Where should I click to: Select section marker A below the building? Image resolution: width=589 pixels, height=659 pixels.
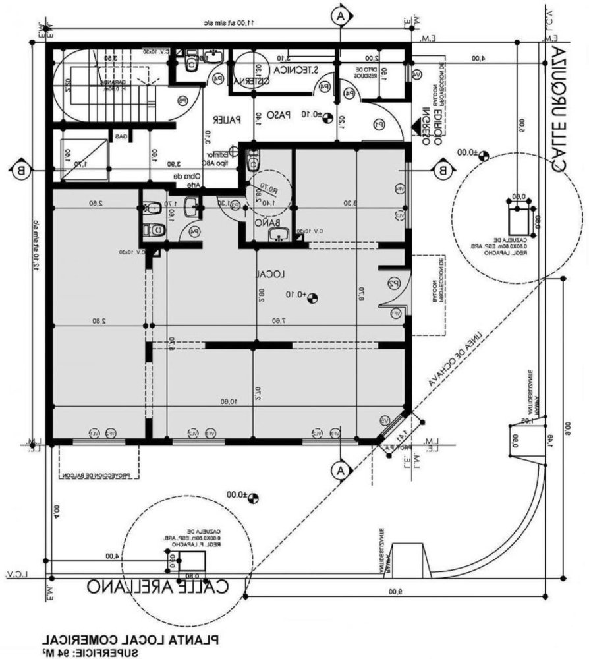tap(340, 470)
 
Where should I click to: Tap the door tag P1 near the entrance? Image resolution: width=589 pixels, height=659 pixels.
tap(379, 123)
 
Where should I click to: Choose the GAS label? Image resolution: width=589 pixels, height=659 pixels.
tap(121, 136)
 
